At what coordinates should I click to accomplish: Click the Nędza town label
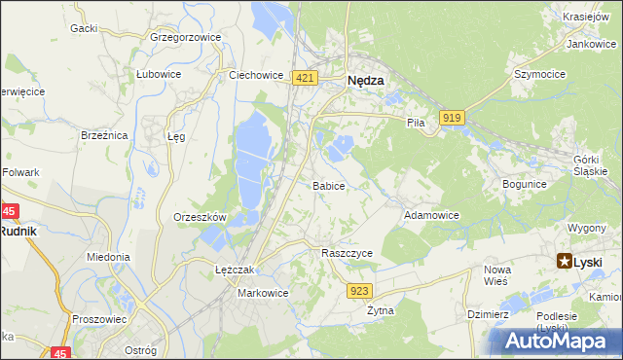pos(366,83)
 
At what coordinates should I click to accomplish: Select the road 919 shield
pos(451,118)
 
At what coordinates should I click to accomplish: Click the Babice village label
pos(328,185)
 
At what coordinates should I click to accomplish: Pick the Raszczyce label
pos(348,252)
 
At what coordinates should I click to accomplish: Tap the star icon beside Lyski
pos(565,261)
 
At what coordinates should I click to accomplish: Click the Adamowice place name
pos(431,215)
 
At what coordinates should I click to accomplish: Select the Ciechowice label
pos(255,74)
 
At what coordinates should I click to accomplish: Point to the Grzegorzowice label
pos(186,37)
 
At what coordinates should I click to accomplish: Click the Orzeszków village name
pos(200,217)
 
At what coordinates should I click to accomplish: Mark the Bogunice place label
pos(525,183)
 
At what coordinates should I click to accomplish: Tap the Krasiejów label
pos(586,17)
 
